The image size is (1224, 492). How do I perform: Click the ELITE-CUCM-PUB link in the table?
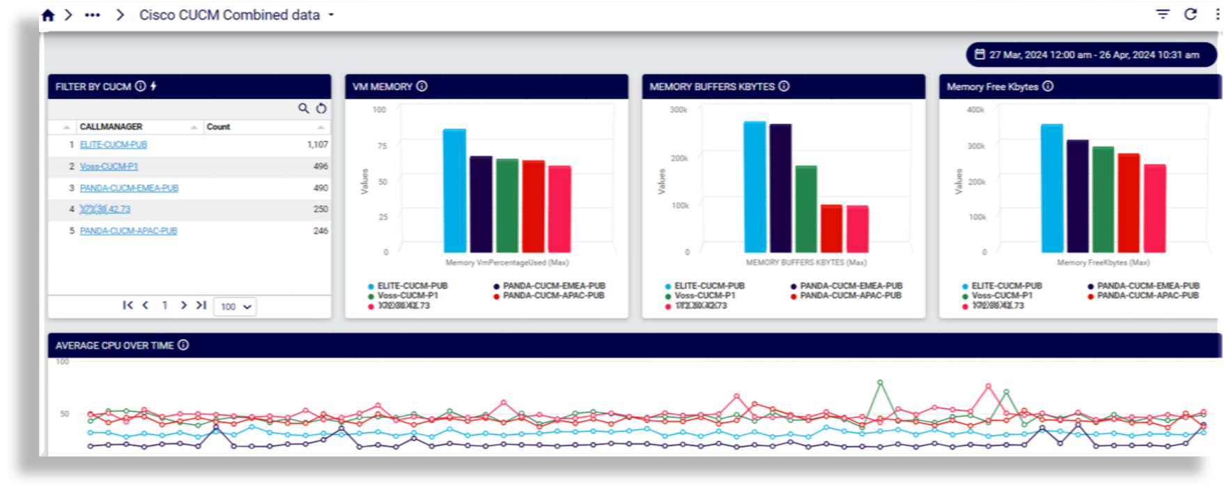[114, 145]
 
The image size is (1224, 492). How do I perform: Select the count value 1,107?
[317, 145]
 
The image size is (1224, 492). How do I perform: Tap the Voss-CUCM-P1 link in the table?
[109, 167]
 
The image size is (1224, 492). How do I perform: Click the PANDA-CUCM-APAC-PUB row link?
[128, 231]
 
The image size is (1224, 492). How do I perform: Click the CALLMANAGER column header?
[111, 127]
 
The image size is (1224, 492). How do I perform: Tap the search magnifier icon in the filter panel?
[304, 108]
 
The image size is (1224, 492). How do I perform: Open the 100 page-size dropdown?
[236, 307]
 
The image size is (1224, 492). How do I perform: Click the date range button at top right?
[1091, 54]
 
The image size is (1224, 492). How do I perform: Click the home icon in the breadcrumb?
[48, 15]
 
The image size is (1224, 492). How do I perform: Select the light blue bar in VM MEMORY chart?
[454, 191]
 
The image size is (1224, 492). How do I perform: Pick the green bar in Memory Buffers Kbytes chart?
[806, 209]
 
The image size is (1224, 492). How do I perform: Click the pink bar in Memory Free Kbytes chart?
[1154, 208]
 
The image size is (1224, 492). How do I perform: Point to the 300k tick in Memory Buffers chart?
[679, 110]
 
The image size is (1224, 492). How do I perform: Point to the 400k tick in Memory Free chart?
[975, 110]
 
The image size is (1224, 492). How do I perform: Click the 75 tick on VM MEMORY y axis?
[382, 146]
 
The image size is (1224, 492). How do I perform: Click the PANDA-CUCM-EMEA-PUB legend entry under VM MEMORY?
[554, 286]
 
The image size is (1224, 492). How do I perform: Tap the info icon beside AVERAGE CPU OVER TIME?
[183, 345]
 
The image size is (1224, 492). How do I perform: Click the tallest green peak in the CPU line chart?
[880, 383]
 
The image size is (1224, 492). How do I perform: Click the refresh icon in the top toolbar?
[1191, 15]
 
